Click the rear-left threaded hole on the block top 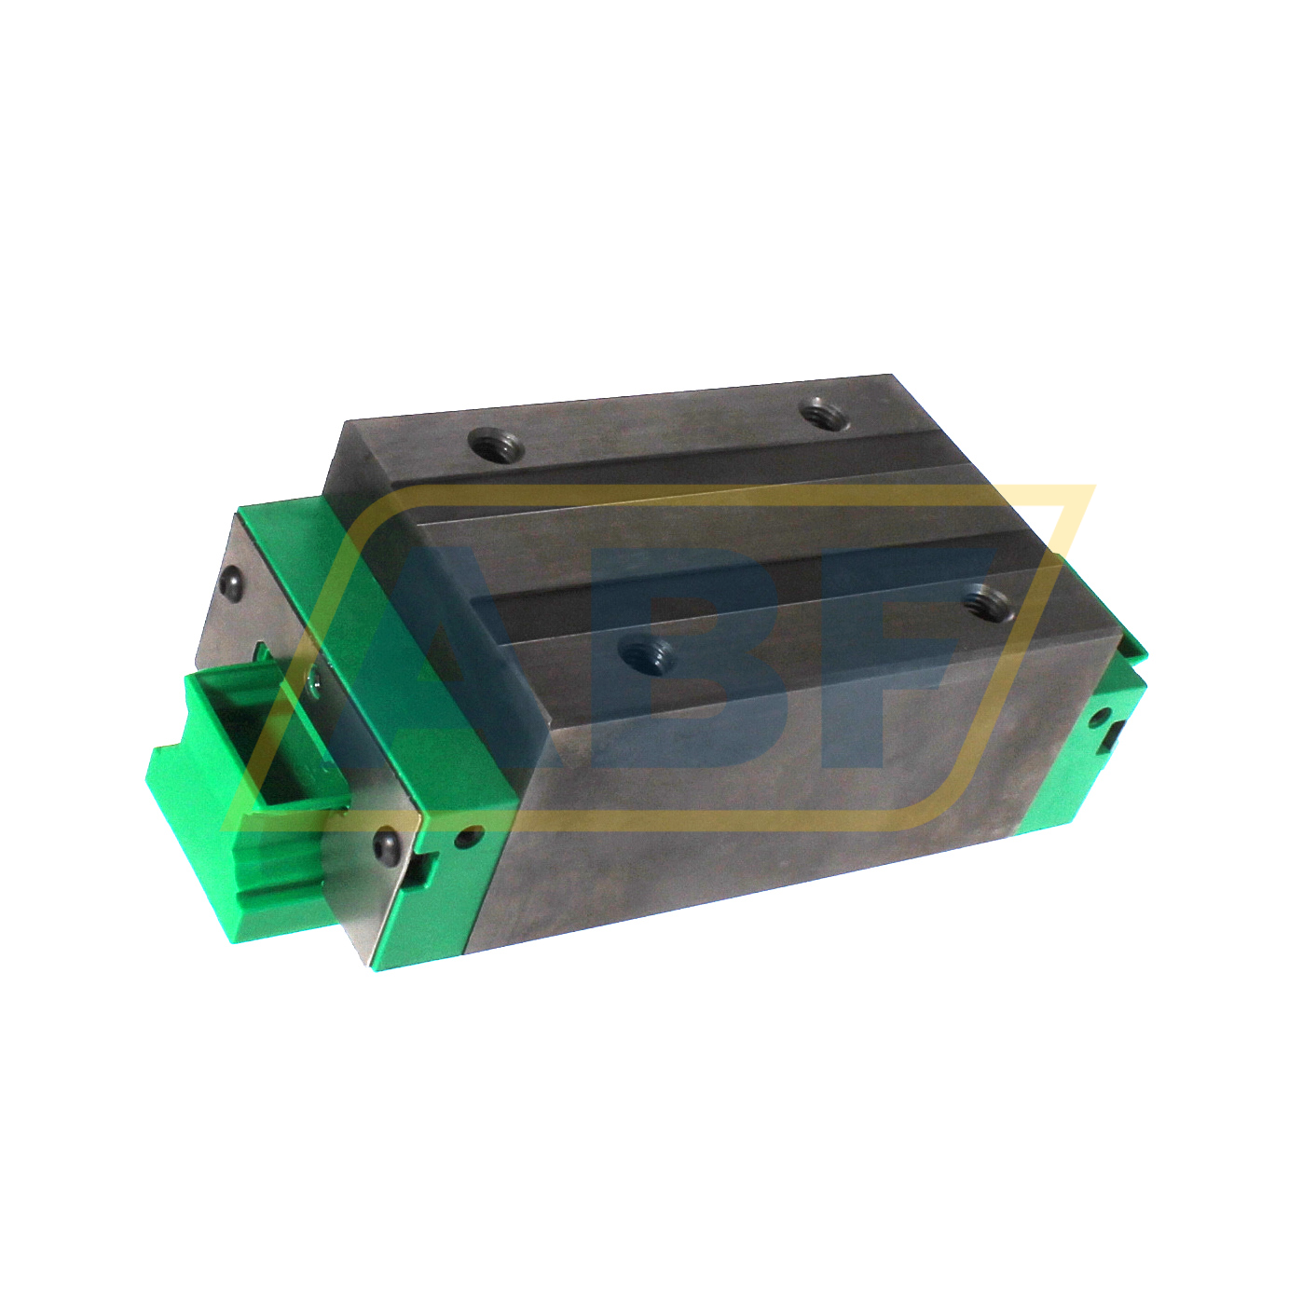(x=495, y=445)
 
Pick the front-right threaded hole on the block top (x=985, y=601)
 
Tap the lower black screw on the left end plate (x=385, y=843)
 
